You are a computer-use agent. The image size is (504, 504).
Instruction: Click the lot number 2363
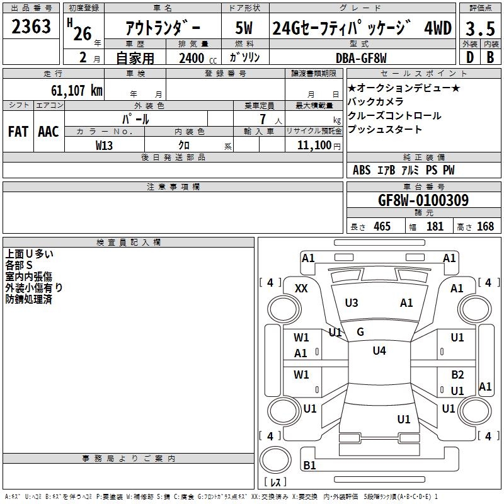[x=31, y=27]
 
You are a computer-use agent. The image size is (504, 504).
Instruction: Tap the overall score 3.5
[x=479, y=28]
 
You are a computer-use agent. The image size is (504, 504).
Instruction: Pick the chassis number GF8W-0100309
[x=423, y=200]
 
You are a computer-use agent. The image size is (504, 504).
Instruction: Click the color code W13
[x=105, y=145]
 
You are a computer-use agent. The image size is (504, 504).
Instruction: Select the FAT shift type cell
[x=18, y=132]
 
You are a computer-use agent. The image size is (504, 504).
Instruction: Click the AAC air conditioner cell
[x=48, y=132]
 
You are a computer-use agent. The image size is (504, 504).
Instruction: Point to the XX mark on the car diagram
[x=301, y=288]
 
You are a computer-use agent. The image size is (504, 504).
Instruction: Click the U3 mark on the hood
[x=352, y=303]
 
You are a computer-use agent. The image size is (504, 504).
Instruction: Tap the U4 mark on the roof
[x=379, y=351]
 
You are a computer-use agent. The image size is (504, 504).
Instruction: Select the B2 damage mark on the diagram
[x=457, y=375]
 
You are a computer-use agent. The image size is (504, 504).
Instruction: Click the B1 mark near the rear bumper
[x=309, y=466]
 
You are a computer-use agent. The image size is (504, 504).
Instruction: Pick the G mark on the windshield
[x=360, y=331]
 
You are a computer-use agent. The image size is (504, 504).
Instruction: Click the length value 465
[x=382, y=226]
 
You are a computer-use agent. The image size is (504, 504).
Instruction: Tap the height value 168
[x=485, y=226]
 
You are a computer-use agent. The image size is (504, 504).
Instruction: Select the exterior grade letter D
[x=469, y=57]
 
